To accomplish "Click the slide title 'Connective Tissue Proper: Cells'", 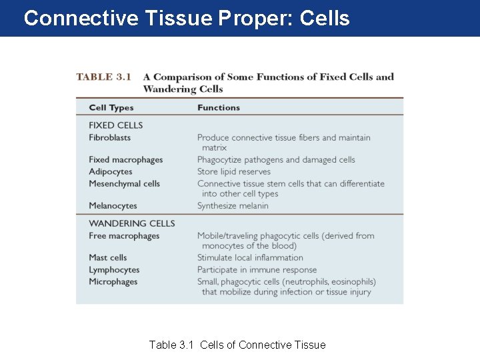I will click(187, 18).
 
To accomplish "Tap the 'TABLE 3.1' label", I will click(104, 77).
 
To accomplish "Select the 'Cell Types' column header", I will click(111, 107).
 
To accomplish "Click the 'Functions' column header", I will click(219, 107).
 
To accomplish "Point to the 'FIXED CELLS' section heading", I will click(116, 125).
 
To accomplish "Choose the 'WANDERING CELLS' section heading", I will click(132, 223).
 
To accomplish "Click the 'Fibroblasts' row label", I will click(110, 137).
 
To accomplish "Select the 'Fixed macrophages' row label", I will click(126, 160).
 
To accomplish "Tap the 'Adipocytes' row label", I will click(111, 171).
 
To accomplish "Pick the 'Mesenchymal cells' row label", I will click(125, 183).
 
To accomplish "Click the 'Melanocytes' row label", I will click(113, 206).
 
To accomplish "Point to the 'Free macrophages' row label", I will click(125, 236).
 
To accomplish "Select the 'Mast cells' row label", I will click(108, 257).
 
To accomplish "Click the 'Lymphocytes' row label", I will click(115, 270).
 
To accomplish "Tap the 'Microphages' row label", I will click(113, 282).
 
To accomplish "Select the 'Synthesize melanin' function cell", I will click(233, 206).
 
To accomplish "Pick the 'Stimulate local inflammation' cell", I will click(250, 257).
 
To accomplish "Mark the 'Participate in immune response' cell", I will click(257, 270).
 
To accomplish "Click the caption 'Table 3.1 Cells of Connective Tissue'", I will click(237, 345).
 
